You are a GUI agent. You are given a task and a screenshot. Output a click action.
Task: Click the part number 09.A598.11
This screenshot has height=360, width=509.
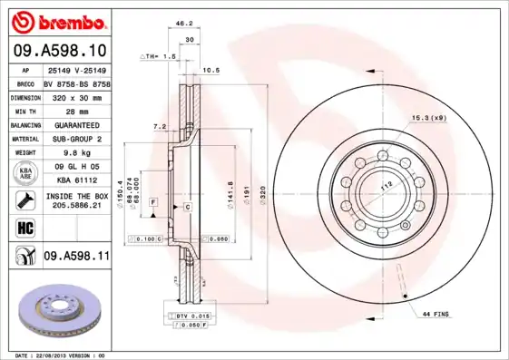tap(76, 257)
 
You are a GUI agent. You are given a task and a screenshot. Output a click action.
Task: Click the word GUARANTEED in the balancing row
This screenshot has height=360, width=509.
tap(75, 123)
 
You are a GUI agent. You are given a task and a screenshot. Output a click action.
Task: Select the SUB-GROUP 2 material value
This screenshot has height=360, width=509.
tap(75, 138)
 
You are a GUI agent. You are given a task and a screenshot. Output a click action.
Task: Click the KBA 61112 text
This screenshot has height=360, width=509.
tap(75, 180)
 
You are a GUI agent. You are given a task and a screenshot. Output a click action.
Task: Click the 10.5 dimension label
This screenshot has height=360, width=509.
tap(210, 70)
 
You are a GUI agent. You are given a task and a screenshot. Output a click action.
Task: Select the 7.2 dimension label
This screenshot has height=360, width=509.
tap(160, 126)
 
